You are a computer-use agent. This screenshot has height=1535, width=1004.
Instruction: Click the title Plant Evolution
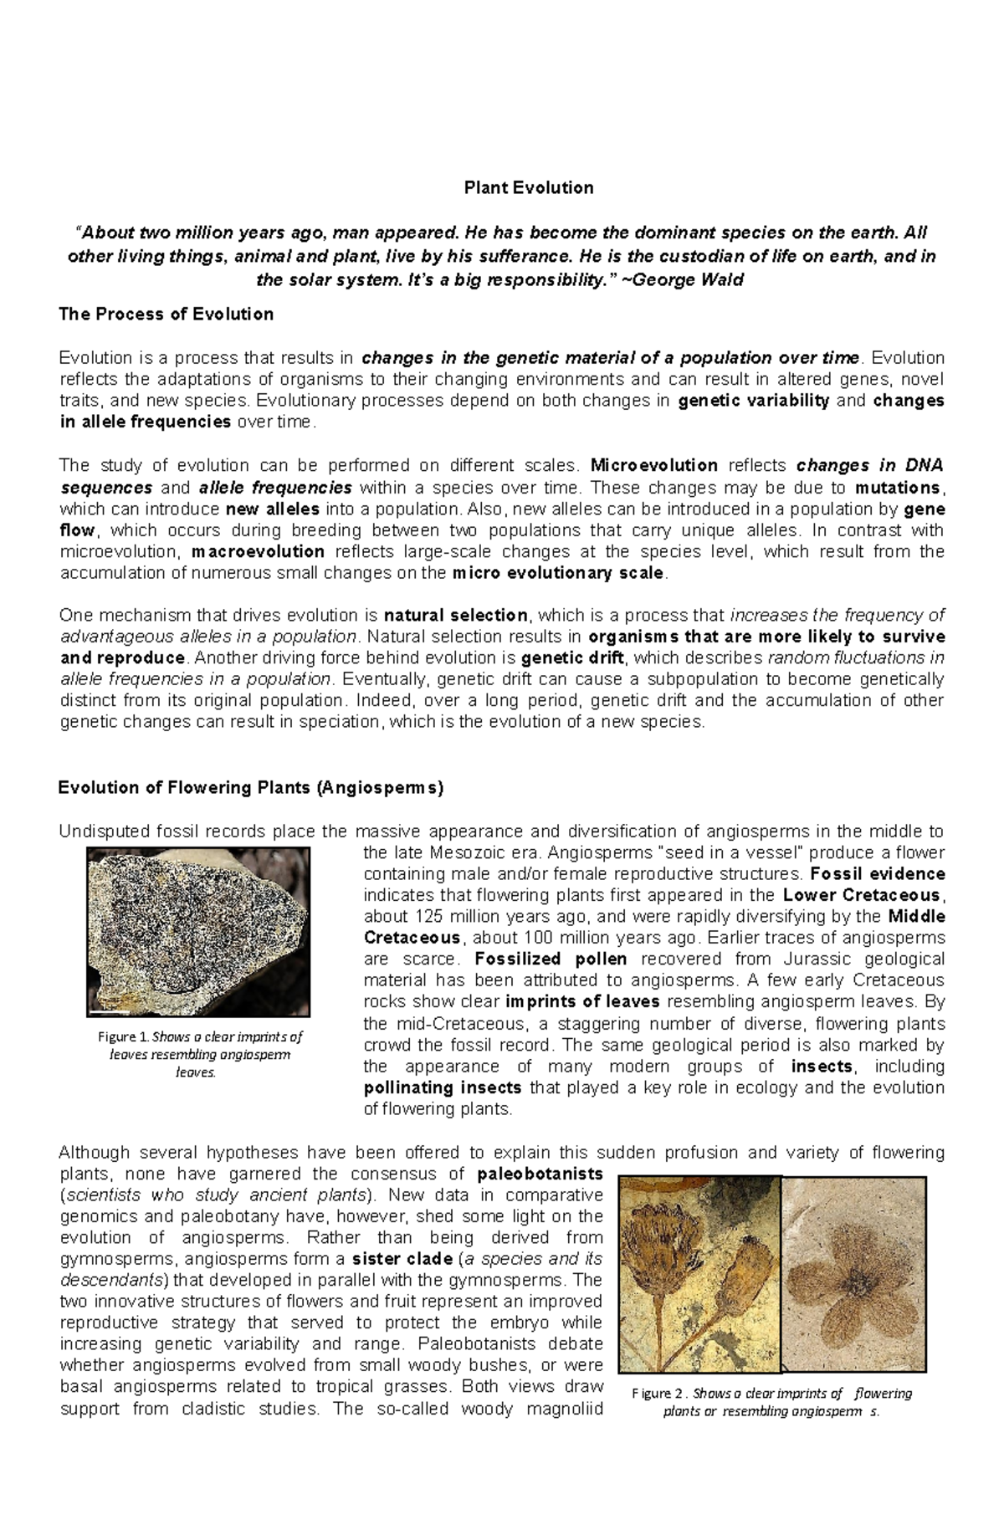tap(529, 187)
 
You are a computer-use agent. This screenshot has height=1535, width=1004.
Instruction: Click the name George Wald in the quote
tap(689, 279)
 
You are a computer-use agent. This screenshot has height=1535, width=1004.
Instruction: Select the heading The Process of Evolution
tap(166, 315)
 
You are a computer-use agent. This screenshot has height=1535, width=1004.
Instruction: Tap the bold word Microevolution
tap(653, 465)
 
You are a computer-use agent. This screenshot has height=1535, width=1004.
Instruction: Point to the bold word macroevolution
tap(258, 551)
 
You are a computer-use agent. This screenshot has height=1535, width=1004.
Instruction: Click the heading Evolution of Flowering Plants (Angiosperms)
tap(250, 787)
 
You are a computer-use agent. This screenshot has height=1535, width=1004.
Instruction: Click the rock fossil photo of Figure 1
tap(198, 931)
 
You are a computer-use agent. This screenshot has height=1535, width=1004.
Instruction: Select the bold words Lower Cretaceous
tap(863, 895)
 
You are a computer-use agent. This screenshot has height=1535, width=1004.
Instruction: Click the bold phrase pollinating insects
tap(443, 1087)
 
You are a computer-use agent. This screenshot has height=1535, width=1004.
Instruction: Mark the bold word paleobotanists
tap(539, 1174)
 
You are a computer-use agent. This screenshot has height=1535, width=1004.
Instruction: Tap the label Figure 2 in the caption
tap(658, 1394)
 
